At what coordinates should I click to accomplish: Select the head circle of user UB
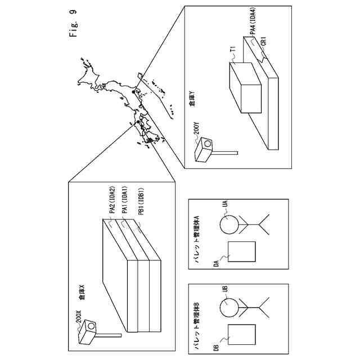coord(229,308)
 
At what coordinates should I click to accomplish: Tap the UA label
coord(224,207)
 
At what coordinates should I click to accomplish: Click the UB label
coord(224,289)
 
